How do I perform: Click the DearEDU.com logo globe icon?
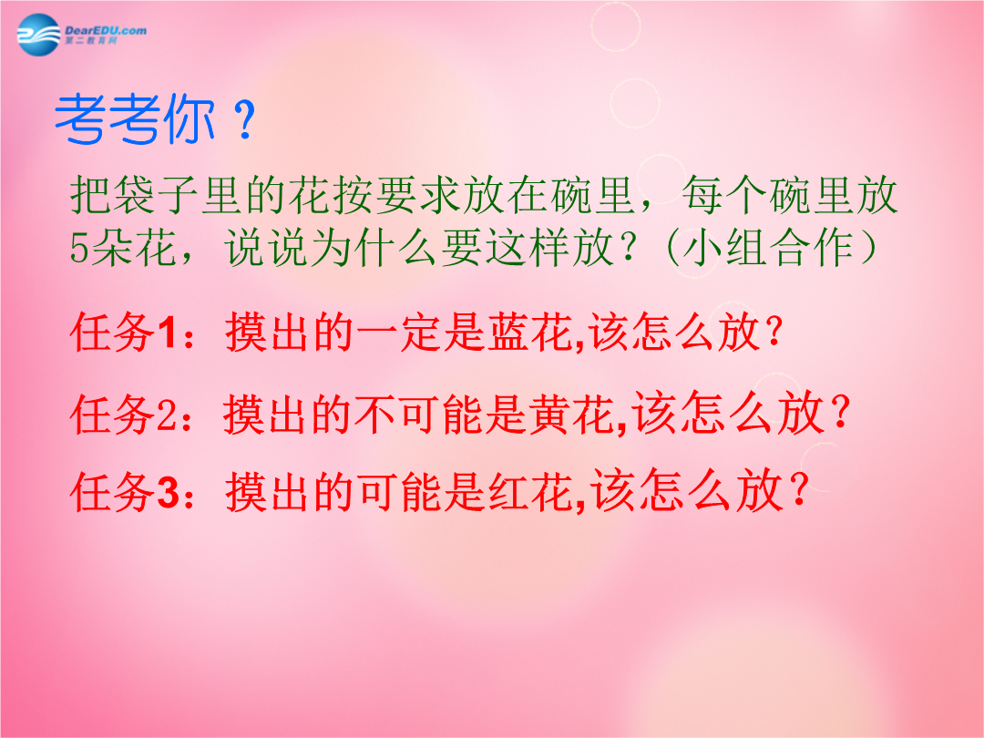click(x=38, y=35)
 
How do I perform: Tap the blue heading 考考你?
click(x=135, y=119)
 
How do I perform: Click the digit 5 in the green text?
click(x=79, y=249)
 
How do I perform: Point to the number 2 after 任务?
click(x=167, y=415)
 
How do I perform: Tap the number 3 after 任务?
click(x=168, y=493)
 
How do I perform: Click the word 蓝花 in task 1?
click(x=530, y=332)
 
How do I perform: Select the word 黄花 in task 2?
click(x=571, y=414)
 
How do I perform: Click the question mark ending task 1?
click(x=775, y=332)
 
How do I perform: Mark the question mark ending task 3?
click(x=800, y=490)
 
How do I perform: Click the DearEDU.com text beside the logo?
click(x=106, y=30)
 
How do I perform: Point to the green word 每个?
click(x=726, y=195)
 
